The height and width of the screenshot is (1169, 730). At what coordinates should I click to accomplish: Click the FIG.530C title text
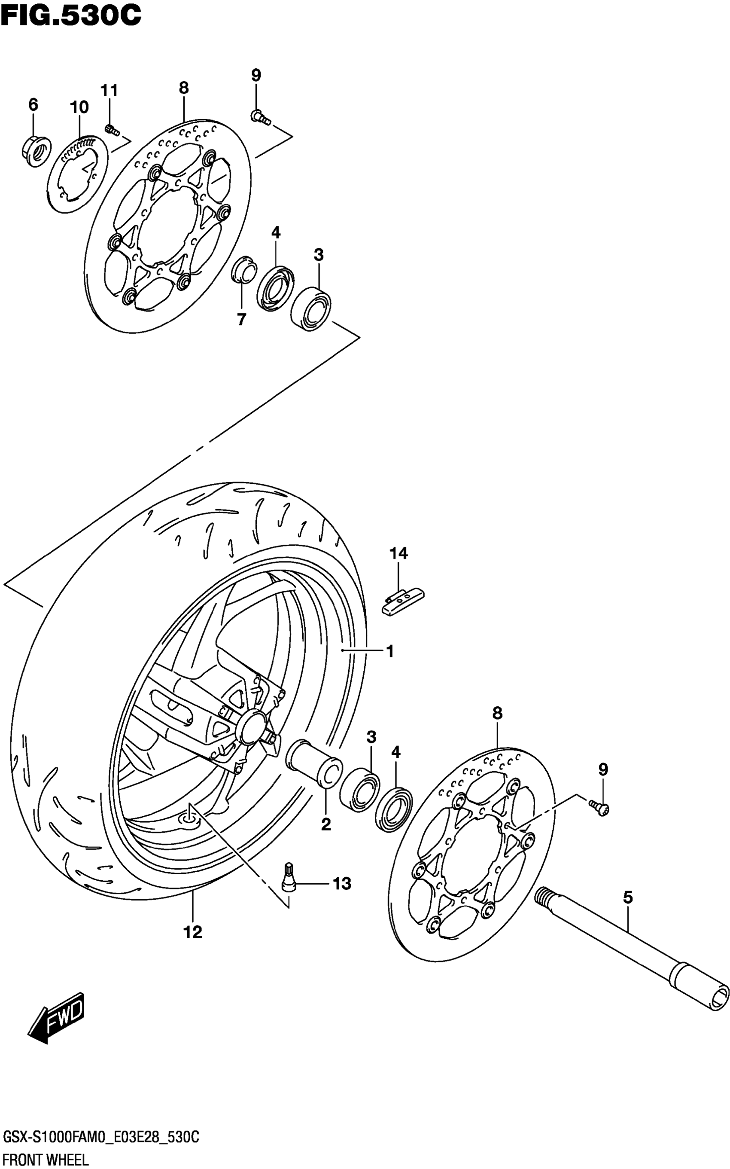pyautogui.click(x=71, y=15)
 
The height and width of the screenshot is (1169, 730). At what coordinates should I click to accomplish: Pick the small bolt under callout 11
pyautogui.click(x=112, y=129)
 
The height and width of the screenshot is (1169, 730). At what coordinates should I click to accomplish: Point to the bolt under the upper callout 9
pyautogui.click(x=260, y=116)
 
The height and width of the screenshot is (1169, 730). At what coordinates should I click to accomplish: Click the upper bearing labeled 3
pyautogui.click(x=311, y=308)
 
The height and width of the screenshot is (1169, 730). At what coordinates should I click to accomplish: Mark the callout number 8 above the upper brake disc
pyautogui.click(x=183, y=88)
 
